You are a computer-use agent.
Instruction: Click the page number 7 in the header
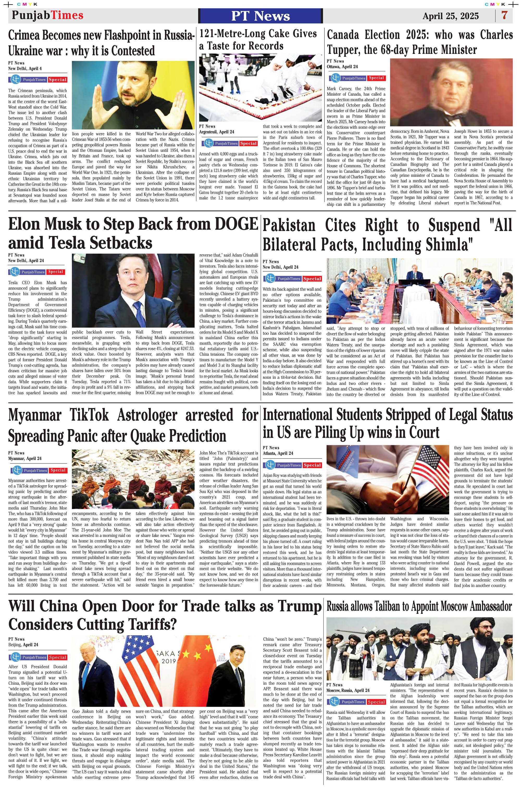(x=504, y=15)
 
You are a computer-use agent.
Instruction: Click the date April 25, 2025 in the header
(x=450, y=16)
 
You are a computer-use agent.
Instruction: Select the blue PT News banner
(x=260, y=16)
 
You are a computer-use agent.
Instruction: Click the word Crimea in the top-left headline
(x=26, y=35)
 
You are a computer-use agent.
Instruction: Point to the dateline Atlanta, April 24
(x=278, y=453)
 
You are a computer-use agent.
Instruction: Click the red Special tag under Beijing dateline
(x=57, y=657)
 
